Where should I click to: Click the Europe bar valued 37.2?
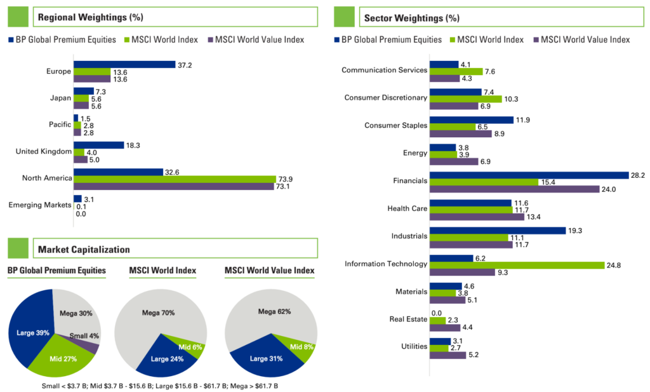tap(124, 64)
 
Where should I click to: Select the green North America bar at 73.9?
tap(175, 179)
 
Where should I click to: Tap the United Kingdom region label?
tap(43, 151)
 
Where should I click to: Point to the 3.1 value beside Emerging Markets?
tap(89, 199)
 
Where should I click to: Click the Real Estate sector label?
tap(406, 320)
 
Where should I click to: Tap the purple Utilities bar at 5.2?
tap(448, 355)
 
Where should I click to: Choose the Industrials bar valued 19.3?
tap(498, 231)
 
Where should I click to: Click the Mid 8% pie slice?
tap(304, 348)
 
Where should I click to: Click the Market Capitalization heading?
tap(84, 248)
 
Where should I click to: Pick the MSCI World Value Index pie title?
tap(269, 271)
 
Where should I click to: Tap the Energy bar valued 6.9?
tap(454, 161)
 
